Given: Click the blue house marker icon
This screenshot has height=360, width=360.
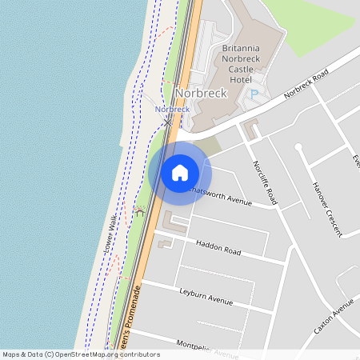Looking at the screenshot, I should (x=180, y=173).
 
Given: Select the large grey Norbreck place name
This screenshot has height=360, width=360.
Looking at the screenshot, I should (x=200, y=93).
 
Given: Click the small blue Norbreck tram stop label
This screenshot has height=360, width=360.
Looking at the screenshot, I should (x=172, y=109).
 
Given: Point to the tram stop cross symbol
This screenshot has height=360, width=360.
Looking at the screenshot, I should (x=168, y=122).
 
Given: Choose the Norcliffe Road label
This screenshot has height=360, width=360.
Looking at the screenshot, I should (x=265, y=180).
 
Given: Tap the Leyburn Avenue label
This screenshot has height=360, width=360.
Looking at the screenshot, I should (x=206, y=297).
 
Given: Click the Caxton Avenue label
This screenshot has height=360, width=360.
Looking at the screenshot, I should (x=334, y=317).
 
